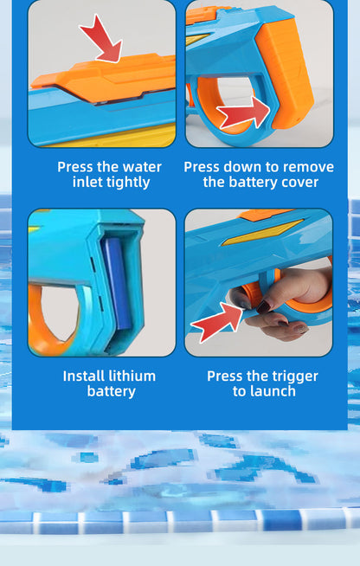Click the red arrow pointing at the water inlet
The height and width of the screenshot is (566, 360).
point(103,39)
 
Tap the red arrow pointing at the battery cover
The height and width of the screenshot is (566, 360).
point(244,113)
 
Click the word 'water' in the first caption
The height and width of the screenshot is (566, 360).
point(141,166)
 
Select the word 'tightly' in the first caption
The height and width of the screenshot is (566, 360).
point(130,182)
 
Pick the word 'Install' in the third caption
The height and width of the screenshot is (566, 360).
point(85,376)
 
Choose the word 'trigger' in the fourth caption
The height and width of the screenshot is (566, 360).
point(289,376)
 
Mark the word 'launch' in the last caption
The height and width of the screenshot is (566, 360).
point(273,391)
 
